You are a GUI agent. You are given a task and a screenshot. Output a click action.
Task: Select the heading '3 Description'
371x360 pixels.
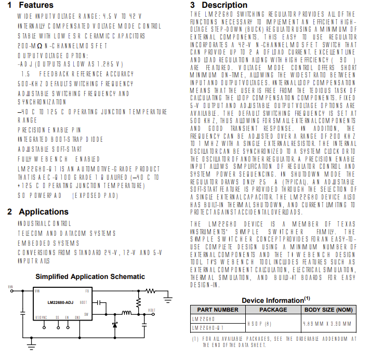(218, 5)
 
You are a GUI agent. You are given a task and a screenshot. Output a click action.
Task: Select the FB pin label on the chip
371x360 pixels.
(87, 291)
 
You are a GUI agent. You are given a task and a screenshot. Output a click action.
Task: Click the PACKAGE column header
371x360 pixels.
(273, 310)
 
